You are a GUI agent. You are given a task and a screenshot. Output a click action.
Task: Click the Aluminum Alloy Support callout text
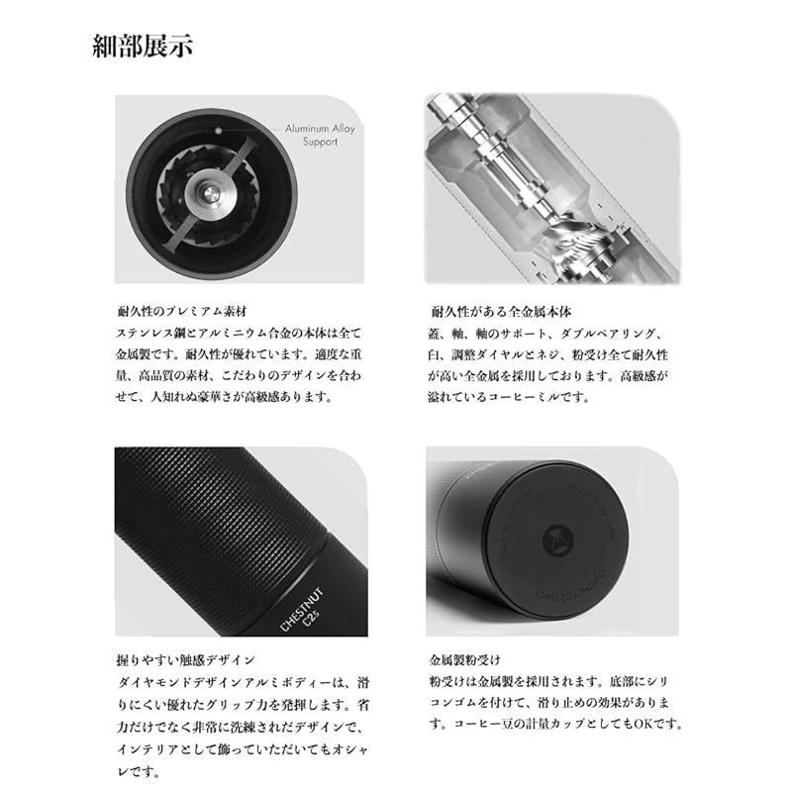pos(311,136)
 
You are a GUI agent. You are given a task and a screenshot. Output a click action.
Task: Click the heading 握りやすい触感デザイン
pos(185,658)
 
